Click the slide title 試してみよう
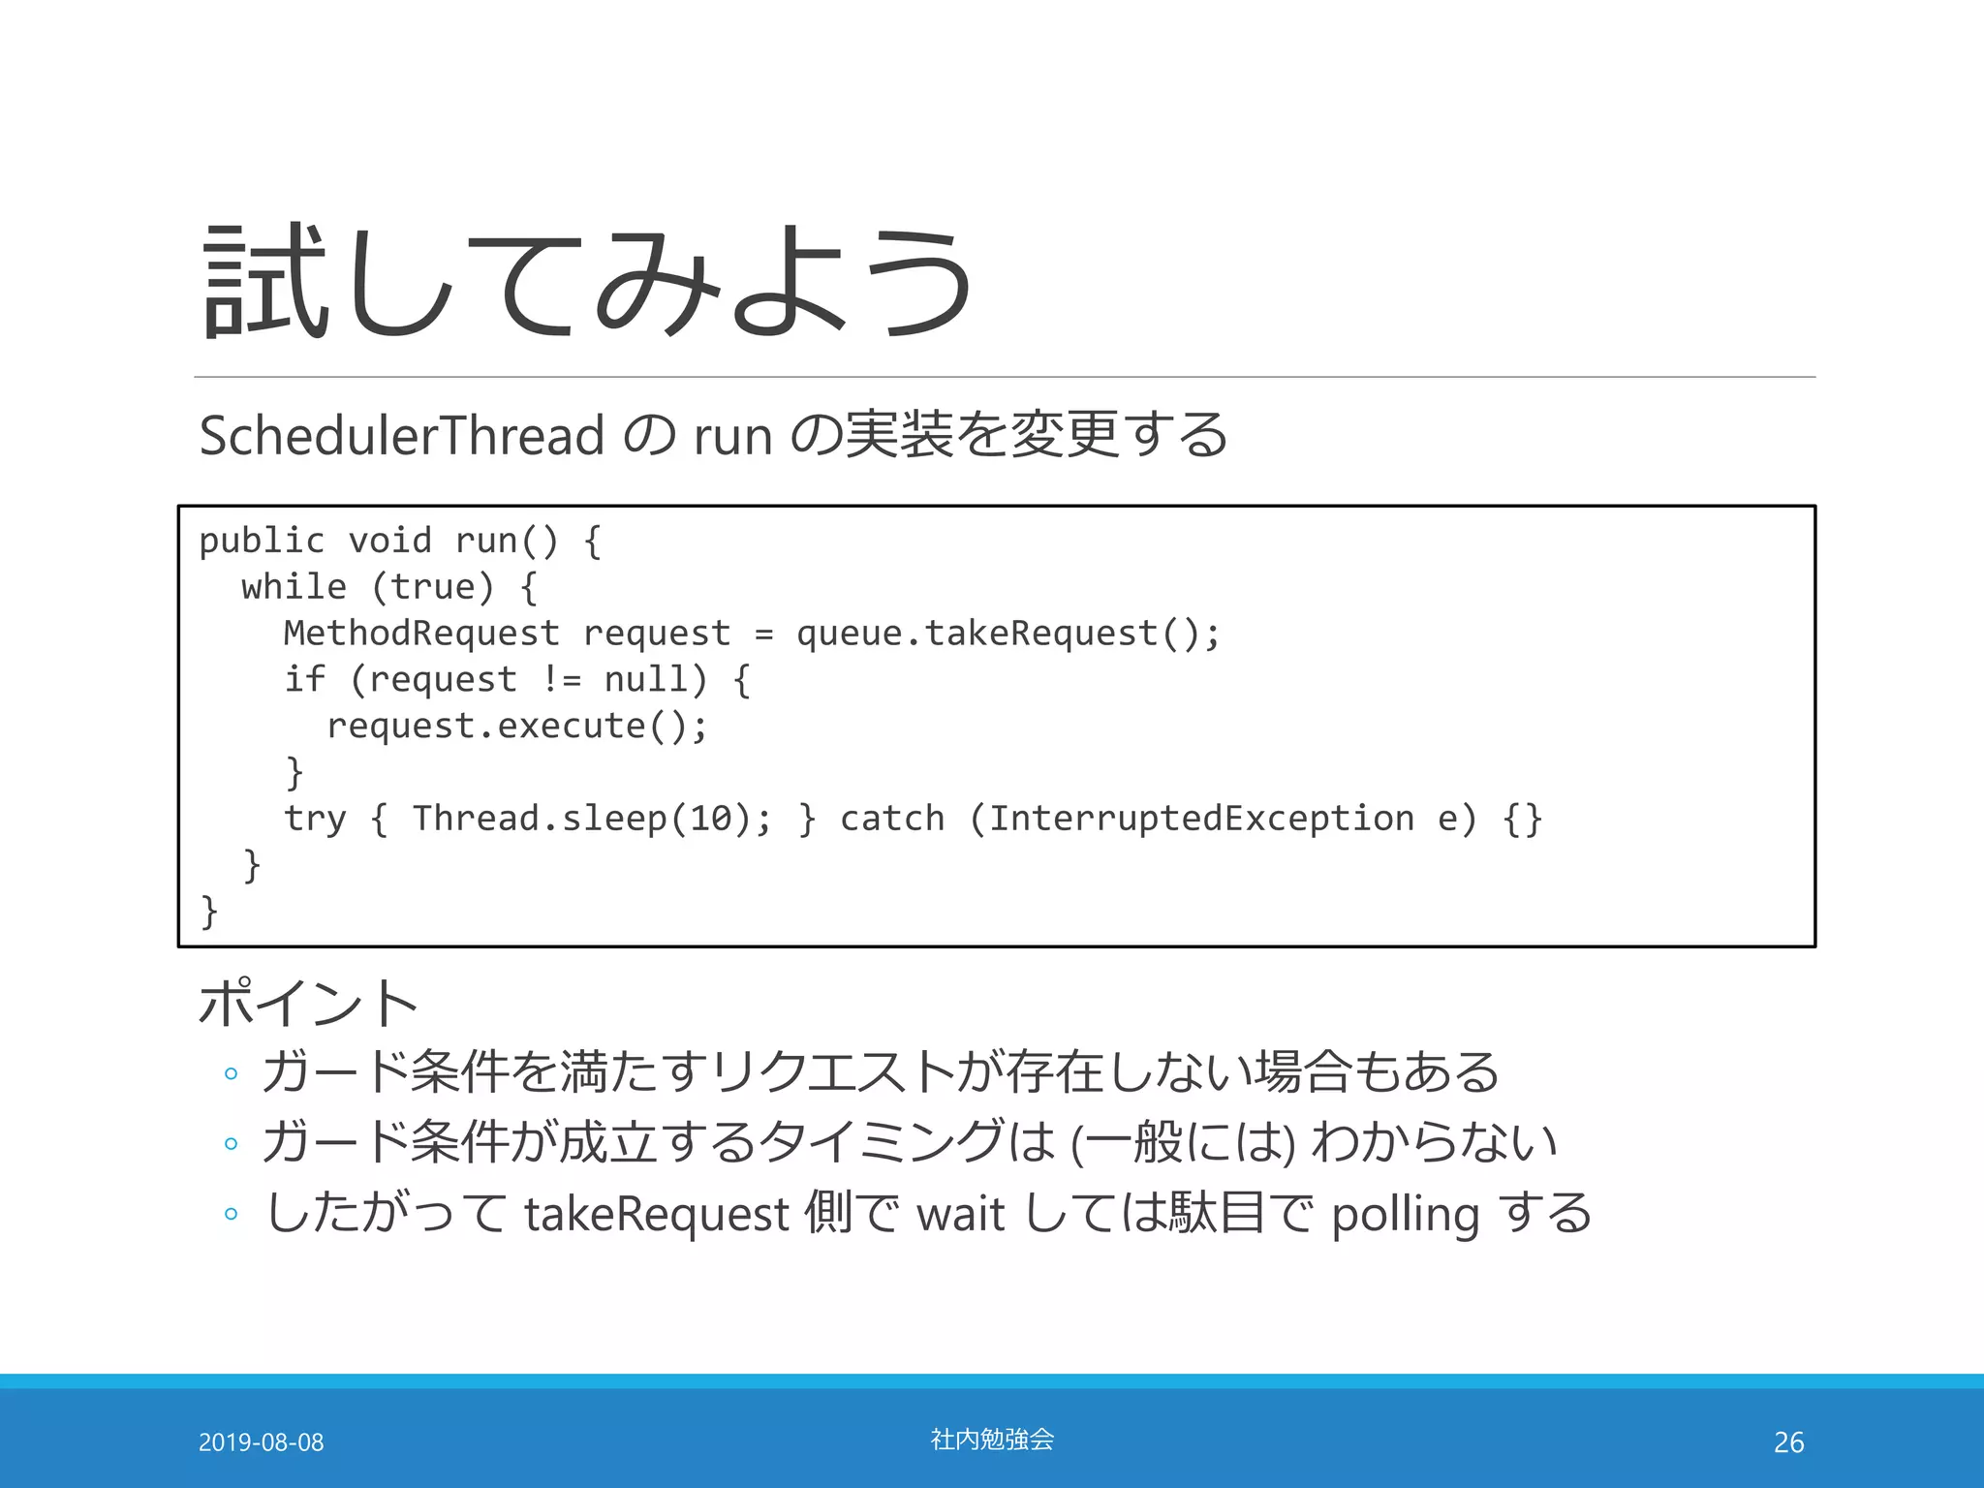tap(589, 281)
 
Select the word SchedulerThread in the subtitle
tap(402, 435)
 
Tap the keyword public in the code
tap(261, 541)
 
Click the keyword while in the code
tap(294, 587)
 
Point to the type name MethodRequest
tap(421, 634)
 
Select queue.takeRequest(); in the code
tap(1007, 634)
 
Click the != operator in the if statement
tap(561, 680)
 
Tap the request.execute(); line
tap(517, 727)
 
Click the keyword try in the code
tap(315, 820)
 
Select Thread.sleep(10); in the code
tap(592, 820)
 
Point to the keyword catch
tap(892, 820)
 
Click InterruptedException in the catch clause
tap(1201, 820)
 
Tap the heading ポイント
tap(308, 1003)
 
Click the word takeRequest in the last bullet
tap(657, 1215)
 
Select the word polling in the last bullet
tap(1405, 1215)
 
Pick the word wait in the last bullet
tap(960, 1215)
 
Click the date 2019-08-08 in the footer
tap(261, 1442)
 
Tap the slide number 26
tap(1788, 1442)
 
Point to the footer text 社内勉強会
tap(992, 1440)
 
